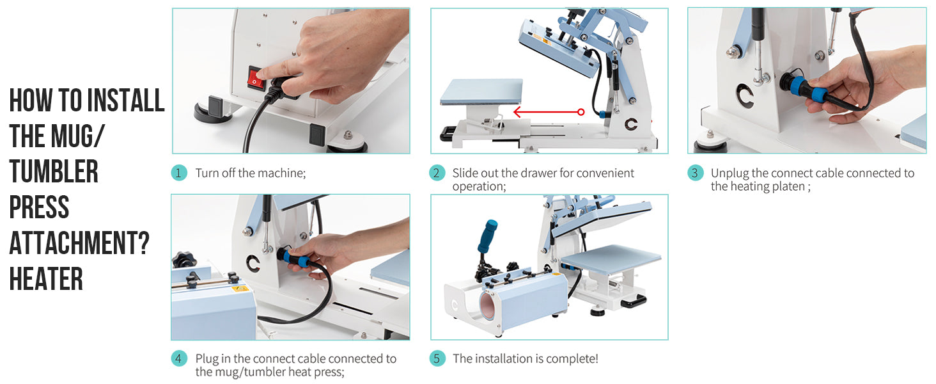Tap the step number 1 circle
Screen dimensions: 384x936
[179, 173]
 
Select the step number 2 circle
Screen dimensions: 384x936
[437, 173]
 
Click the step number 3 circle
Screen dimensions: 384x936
[696, 173]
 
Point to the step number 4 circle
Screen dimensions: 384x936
[179, 358]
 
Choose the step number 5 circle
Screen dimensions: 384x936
[437, 358]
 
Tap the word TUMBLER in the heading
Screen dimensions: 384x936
[54, 172]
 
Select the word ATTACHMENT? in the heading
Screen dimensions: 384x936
[79, 244]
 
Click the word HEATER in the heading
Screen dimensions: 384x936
[46, 280]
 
